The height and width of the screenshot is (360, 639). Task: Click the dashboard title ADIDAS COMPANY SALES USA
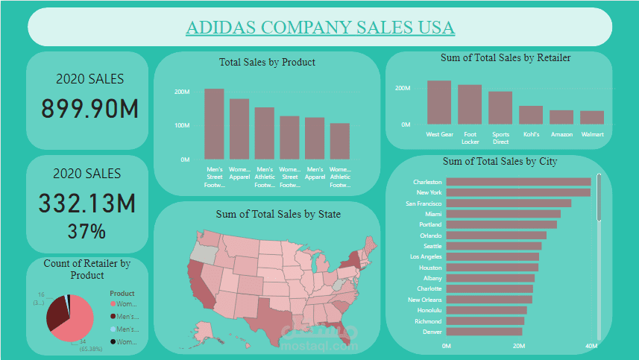click(x=320, y=28)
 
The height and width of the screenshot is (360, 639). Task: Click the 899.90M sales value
click(x=89, y=109)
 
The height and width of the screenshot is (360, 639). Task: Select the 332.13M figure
click(x=86, y=203)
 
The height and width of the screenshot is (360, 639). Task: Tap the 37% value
click(x=86, y=231)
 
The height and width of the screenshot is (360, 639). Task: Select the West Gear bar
click(x=439, y=103)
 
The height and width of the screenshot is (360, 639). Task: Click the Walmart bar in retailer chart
click(x=592, y=118)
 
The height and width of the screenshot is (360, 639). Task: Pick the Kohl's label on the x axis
click(x=531, y=135)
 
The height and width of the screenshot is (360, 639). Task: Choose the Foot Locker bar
click(x=470, y=104)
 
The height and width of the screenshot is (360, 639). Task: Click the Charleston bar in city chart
click(x=518, y=182)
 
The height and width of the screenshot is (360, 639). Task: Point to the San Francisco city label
click(x=424, y=203)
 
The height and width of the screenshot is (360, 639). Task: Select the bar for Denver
click(x=484, y=332)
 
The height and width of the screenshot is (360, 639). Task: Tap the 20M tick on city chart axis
click(x=519, y=346)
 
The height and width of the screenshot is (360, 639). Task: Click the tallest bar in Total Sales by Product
click(x=214, y=124)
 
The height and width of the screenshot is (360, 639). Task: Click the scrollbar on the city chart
click(x=598, y=198)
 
